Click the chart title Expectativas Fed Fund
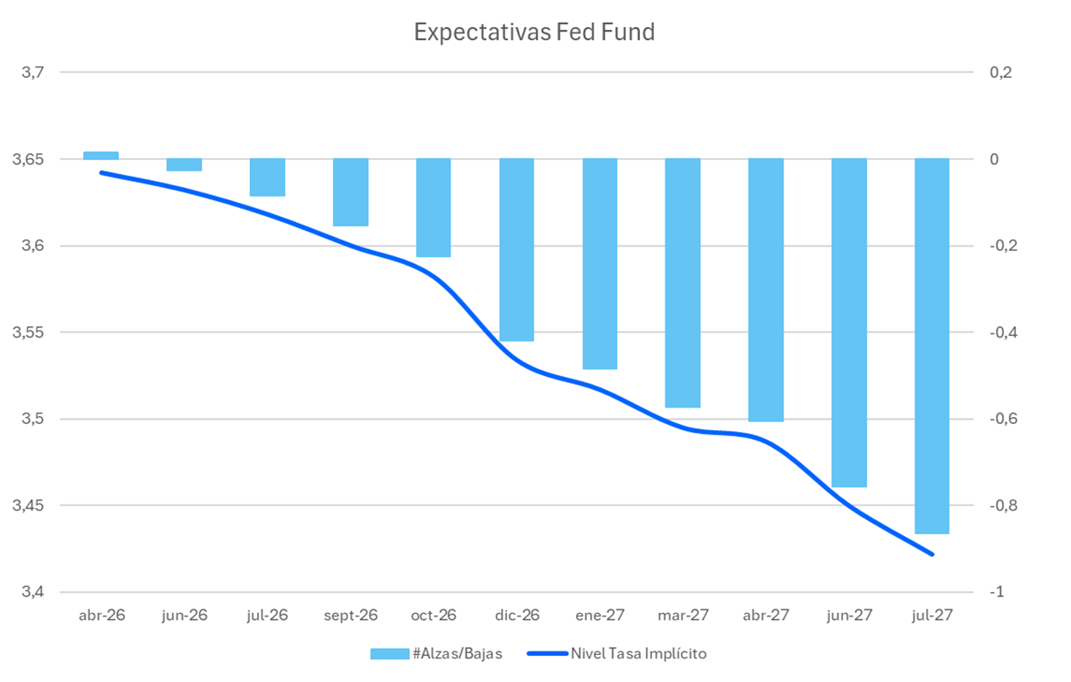tap(534, 33)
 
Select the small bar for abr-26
tap(101, 156)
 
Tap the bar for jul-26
tap(268, 177)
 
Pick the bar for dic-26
tap(517, 250)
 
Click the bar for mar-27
tap(683, 283)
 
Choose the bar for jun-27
tap(849, 323)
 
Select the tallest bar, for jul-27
tap(932, 346)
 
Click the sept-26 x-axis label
tap(351, 616)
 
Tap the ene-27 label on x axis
tap(600, 616)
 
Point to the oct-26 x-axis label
tap(434, 616)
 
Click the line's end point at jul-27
tap(932, 553)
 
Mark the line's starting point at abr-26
tap(101, 172)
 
